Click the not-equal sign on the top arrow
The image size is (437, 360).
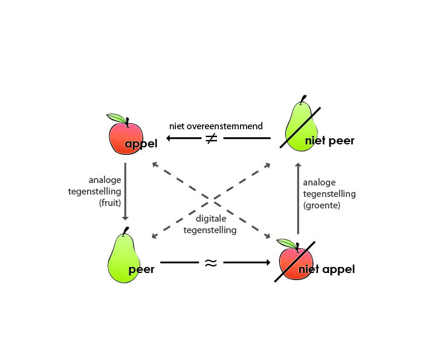(x=212, y=138)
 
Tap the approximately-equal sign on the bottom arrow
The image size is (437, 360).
(x=211, y=263)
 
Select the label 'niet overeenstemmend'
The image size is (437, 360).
(x=216, y=126)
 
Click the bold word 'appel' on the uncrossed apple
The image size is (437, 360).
(x=141, y=144)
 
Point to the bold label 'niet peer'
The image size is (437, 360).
(x=329, y=141)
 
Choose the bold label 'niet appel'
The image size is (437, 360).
(x=326, y=269)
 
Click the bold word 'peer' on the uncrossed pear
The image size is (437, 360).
(x=141, y=269)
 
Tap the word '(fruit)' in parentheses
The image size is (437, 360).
(x=110, y=203)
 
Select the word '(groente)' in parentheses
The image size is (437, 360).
(x=322, y=205)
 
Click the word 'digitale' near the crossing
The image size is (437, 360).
(x=211, y=219)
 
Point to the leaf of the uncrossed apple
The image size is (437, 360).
(x=116, y=118)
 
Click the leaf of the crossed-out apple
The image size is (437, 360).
(x=286, y=243)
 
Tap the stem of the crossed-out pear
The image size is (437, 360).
(x=303, y=99)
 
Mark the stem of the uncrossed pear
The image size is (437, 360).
(x=126, y=231)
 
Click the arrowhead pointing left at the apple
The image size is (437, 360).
(x=169, y=138)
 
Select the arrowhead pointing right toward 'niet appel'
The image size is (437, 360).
(x=268, y=262)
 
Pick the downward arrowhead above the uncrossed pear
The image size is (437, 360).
(x=125, y=217)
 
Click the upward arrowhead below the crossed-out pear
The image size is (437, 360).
(x=298, y=165)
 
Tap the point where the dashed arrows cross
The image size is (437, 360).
(x=212, y=199)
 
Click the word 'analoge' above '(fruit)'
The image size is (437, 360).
(x=105, y=180)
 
